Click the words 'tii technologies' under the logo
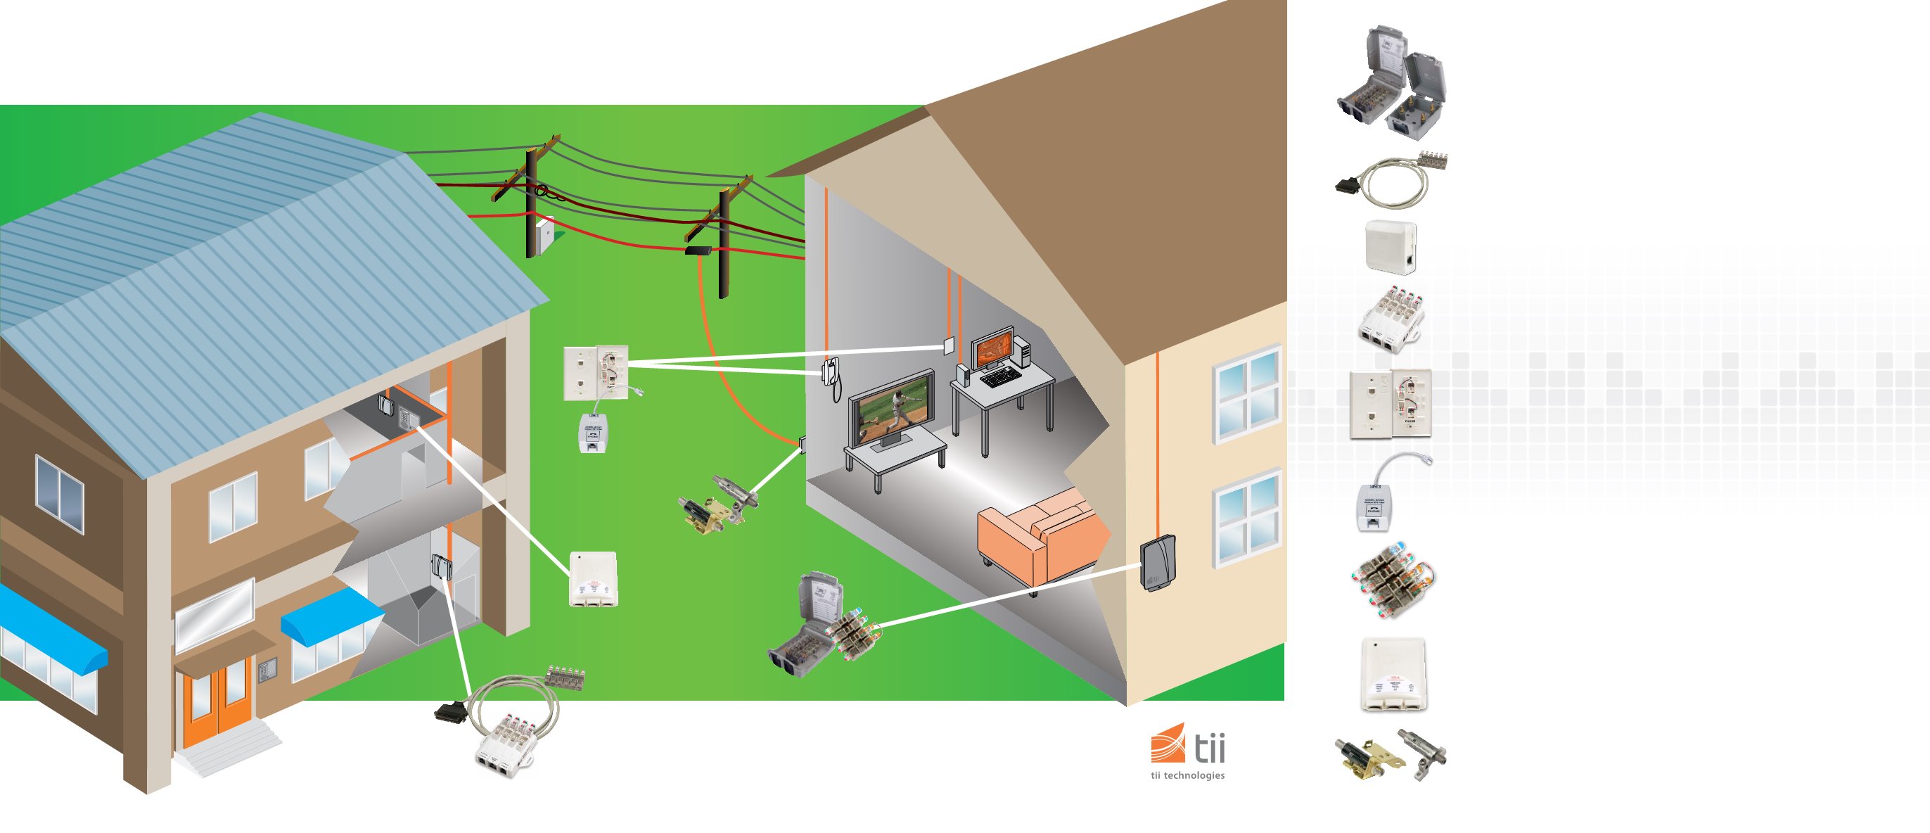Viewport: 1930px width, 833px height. (1187, 775)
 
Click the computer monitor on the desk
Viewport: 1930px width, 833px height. (992, 347)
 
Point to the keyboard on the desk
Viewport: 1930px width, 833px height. (1000, 378)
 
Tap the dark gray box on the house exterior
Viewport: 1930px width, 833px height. (1158, 563)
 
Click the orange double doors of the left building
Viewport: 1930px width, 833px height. (216, 704)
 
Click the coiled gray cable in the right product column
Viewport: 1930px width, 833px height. (1391, 181)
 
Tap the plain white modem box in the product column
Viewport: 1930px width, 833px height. (1391, 246)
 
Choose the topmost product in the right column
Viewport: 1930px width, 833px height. (1392, 82)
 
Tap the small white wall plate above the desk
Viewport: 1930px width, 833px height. (950, 346)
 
